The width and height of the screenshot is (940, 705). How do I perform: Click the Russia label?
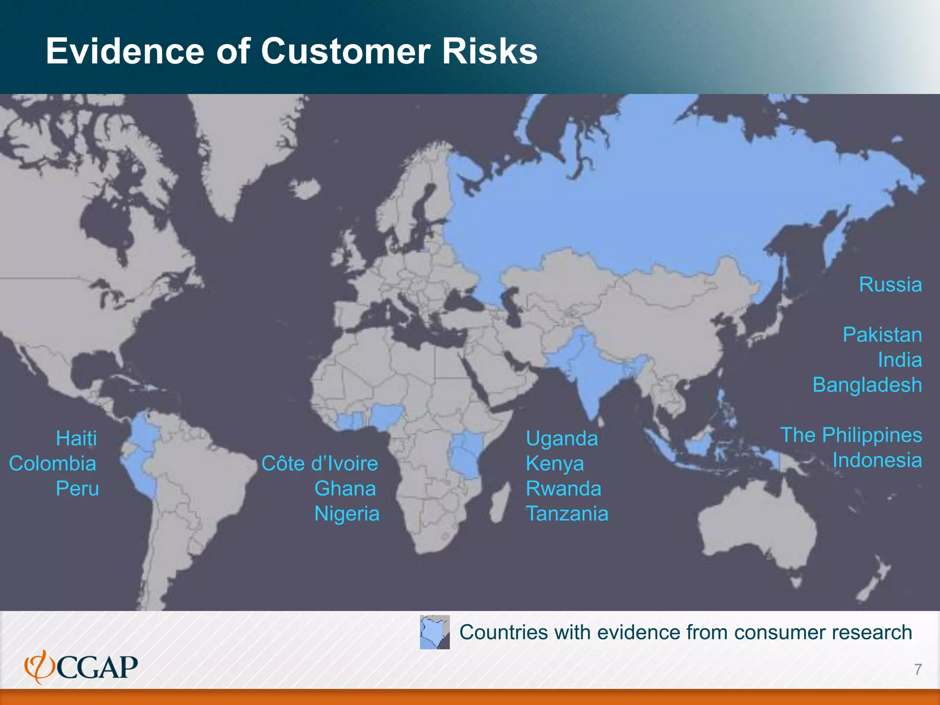[x=890, y=285]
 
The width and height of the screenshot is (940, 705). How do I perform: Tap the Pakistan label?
[x=882, y=335]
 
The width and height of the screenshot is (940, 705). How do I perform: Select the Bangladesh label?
[x=867, y=385]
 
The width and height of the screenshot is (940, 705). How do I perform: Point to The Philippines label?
[x=851, y=435]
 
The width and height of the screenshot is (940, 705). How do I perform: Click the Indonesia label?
[x=877, y=460]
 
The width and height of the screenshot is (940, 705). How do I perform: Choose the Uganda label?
[x=562, y=438]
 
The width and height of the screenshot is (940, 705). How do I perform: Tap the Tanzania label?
[x=567, y=514]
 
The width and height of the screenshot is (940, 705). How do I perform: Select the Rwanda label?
[x=564, y=488]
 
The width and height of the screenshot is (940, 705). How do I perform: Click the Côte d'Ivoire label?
[x=319, y=464]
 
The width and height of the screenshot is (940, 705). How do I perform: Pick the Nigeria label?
[x=347, y=514]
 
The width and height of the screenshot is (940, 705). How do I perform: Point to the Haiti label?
[x=76, y=438]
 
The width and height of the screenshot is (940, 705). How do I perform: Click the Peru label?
[x=77, y=488]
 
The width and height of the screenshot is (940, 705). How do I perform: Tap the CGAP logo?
[x=81, y=667]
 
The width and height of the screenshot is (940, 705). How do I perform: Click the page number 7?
[x=918, y=670]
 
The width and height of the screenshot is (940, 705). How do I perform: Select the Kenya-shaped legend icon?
[x=435, y=632]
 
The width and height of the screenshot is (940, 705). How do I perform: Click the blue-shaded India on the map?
[x=592, y=376]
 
